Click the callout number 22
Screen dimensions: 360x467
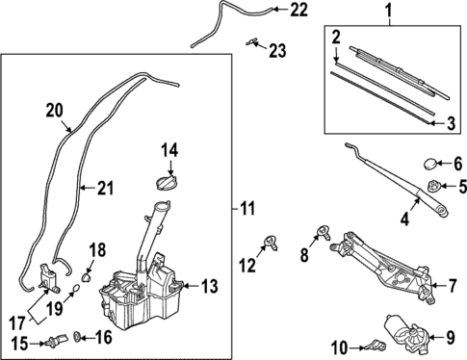298,11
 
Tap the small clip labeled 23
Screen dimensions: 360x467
254,41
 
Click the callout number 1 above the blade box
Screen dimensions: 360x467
388,13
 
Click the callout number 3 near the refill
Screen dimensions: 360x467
450,122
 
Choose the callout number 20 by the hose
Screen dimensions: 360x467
54,111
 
